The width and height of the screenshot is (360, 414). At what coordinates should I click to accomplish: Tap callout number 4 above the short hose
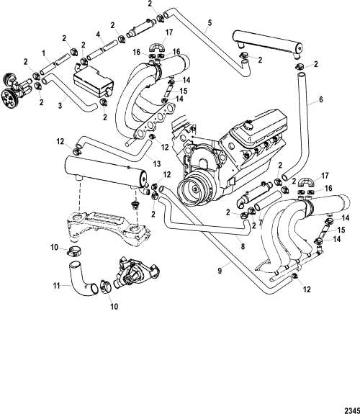98,35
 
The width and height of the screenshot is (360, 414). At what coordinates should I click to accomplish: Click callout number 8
243,247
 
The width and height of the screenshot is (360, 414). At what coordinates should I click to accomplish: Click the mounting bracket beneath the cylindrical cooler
108,226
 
